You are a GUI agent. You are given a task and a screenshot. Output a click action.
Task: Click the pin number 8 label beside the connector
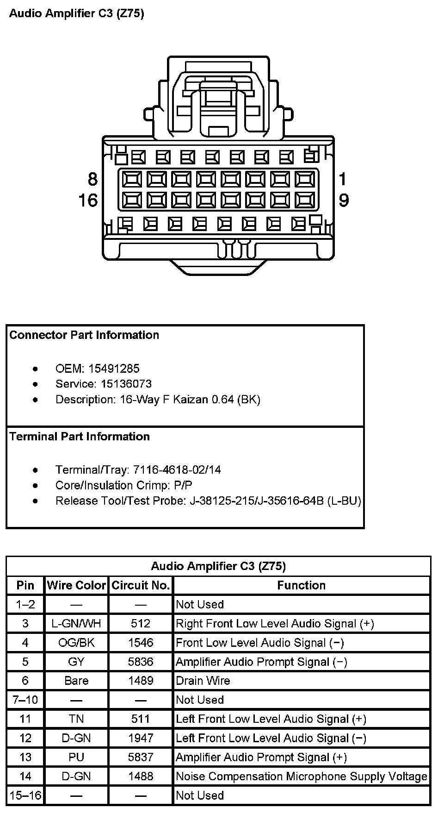(92, 179)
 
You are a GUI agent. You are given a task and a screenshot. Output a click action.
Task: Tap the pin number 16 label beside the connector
(88, 200)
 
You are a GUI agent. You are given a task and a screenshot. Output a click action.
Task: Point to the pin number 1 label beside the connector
(343, 179)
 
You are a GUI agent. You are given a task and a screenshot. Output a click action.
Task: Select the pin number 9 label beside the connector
(344, 200)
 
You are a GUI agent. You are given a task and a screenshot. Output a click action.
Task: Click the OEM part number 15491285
(114, 369)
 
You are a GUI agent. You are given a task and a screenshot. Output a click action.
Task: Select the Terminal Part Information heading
(80, 437)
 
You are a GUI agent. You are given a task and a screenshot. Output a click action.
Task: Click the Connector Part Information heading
(84, 335)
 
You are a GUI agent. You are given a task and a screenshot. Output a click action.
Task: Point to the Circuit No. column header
(141, 585)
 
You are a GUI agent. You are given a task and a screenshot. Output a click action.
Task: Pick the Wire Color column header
(76, 585)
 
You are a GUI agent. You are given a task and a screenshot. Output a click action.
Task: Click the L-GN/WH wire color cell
(76, 623)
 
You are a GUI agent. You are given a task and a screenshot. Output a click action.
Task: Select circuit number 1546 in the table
(141, 643)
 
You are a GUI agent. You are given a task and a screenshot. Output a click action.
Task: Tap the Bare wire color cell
(76, 681)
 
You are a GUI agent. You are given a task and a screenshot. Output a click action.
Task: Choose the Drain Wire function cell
(203, 681)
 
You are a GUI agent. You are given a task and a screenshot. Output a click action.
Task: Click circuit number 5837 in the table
(141, 757)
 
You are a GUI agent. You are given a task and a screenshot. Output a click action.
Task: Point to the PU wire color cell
(76, 757)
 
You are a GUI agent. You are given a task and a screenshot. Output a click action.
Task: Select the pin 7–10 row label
(25, 700)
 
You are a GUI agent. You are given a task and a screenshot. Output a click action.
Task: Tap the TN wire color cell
(76, 719)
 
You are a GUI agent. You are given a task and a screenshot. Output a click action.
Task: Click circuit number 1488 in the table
(141, 776)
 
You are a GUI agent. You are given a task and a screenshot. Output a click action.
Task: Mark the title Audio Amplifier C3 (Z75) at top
(77, 13)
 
